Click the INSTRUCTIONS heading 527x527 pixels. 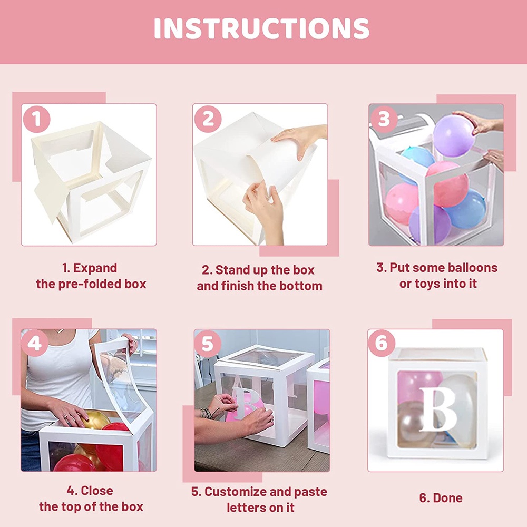tap(261, 28)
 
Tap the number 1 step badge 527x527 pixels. tap(37, 119)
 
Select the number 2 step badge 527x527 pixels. tap(208, 119)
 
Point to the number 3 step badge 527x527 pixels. tap(384, 119)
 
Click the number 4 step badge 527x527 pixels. tap(35, 344)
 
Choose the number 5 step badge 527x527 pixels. tap(208, 344)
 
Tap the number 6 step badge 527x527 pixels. tap(382, 344)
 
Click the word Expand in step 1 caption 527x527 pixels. tap(95, 268)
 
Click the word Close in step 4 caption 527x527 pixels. tap(97, 491)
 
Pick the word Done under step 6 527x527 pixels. tap(447, 498)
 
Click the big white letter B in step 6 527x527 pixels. tap(438, 409)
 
